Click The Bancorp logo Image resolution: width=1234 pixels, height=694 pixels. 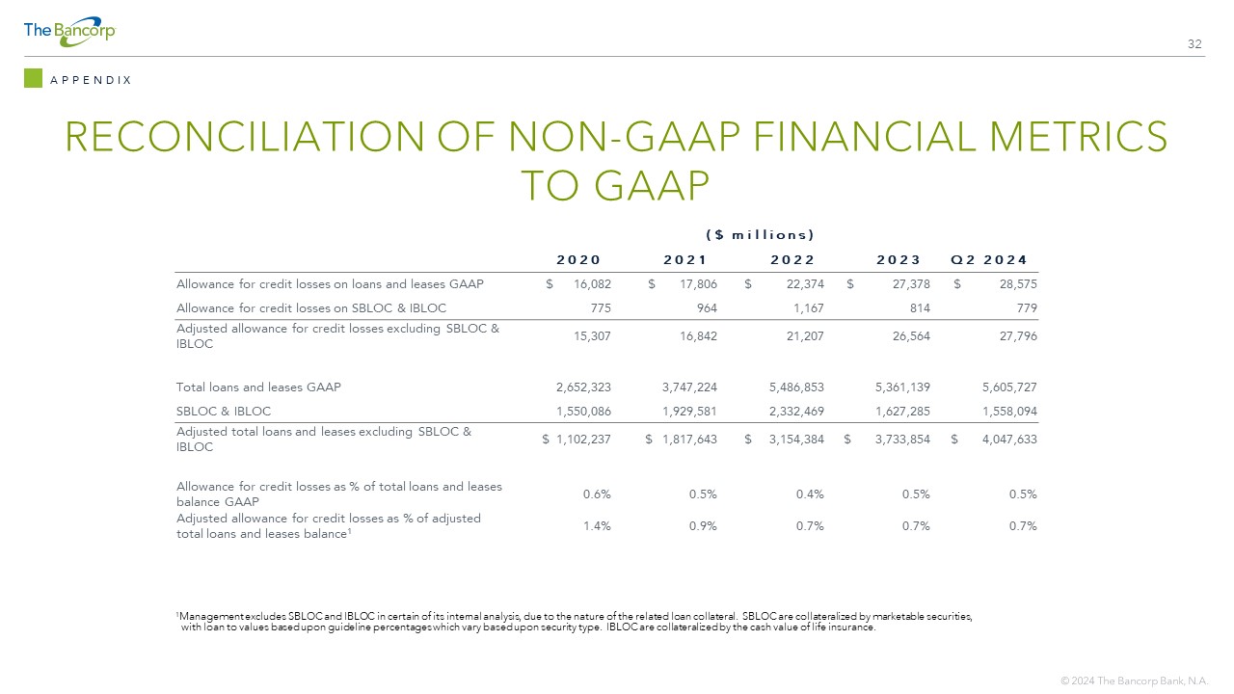pyautogui.click(x=69, y=32)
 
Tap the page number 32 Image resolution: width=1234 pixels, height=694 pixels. pyautogui.click(x=1194, y=44)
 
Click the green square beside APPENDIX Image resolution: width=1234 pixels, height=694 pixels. pyautogui.click(x=33, y=78)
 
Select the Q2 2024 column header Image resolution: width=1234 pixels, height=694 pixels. pyautogui.click(x=989, y=259)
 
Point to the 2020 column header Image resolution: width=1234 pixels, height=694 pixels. pyautogui.click(x=577, y=259)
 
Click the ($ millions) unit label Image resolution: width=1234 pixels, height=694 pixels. pyautogui.click(x=760, y=235)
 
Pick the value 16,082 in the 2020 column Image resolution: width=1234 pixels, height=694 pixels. pyautogui.click(x=592, y=284)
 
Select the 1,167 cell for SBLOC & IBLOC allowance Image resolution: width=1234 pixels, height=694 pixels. pyautogui.click(x=808, y=307)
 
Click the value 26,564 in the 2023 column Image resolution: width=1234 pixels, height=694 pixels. pyautogui.click(x=911, y=336)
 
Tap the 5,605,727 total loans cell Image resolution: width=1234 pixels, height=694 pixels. pyautogui.click(x=1009, y=387)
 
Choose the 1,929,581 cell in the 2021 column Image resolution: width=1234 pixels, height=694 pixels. pyautogui.click(x=689, y=412)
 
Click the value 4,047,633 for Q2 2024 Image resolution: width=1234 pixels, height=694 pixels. pyautogui.click(x=1009, y=440)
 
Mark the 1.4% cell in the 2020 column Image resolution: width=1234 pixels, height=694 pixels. pyautogui.click(x=597, y=526)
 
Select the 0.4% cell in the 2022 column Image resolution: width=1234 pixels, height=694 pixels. pyautogui.click(x=810, y=494)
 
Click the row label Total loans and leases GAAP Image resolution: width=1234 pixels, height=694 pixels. pyautogui.click(x=258, y=387)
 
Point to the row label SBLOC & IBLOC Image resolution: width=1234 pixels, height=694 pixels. pyautogui.click(x=224, y=412)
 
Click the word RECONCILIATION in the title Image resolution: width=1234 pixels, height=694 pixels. pyautogui.click(x=245, y=137)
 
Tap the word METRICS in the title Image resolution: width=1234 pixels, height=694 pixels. pyautogui.click(x=1078, y=137)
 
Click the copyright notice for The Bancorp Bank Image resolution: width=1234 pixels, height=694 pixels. pyautogui.click(x=1135, y=681)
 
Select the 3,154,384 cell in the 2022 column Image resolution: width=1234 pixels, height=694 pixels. pyautogui.click(x=796, y=440)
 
